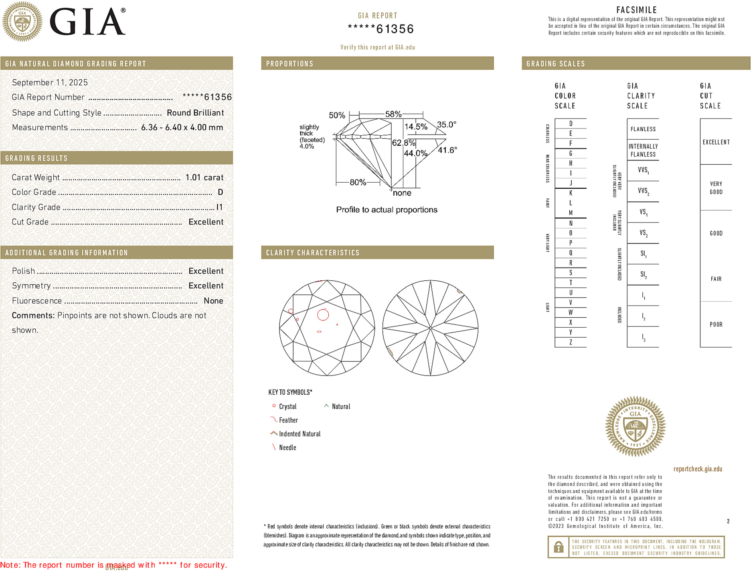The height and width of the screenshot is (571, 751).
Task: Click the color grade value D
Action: pos(220,192)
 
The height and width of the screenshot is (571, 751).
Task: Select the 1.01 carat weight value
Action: pos(204,177)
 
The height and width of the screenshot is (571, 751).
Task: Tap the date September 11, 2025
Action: pos(50,82)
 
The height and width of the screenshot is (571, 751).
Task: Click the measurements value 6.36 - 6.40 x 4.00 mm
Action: pos(182,128)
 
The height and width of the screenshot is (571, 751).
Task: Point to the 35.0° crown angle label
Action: pos(446,124)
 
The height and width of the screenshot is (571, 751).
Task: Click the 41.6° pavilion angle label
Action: pos(447,150)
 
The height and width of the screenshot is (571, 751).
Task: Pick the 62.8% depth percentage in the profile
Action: pos(403,143)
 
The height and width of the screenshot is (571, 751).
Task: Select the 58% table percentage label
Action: pos(393,114)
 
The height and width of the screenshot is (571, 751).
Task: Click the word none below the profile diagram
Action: pos(402,193)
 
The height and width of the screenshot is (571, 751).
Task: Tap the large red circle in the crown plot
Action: pos(323,315)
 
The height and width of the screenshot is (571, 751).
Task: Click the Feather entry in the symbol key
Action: pos(288,420)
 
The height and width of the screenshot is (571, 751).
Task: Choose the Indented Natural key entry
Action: pos(300,434)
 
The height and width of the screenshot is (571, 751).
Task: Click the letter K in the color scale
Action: pos(571,193)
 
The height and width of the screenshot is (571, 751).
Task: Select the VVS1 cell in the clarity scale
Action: pos(643,170)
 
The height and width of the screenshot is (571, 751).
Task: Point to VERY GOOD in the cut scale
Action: pos(716,188)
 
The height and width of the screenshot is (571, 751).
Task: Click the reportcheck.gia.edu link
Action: pos(697,469)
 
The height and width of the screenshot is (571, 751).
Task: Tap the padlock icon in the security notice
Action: pos(558,547)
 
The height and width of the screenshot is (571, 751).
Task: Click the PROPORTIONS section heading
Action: pos(289,64)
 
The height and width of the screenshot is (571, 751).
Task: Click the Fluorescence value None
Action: pos(213,301)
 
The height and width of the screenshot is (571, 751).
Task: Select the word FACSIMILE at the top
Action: pos(636,10)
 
